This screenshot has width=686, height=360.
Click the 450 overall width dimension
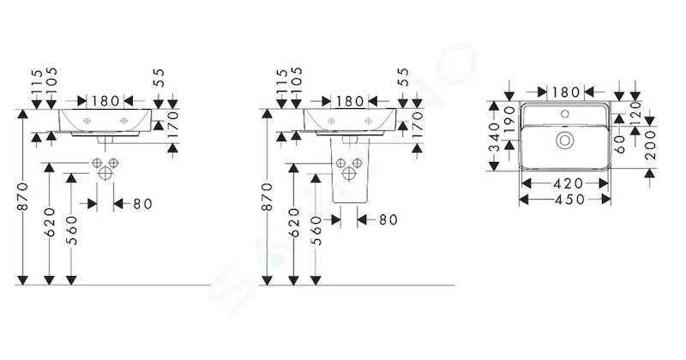point(569,200)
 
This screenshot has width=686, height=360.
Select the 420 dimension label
point(569,183)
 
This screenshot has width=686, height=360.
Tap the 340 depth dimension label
point(494,136)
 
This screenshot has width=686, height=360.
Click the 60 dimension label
point(619,144)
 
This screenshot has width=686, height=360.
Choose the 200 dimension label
point(651,145)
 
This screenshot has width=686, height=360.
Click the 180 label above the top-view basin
point(566,93)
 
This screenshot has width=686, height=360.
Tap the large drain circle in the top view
point(564,140)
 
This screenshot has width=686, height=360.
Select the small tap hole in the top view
point(565,115)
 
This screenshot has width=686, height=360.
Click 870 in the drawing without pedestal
point(23,196)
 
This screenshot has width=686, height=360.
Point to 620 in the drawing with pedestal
point(293,222)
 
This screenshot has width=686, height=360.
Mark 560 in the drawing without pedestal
point(71,230)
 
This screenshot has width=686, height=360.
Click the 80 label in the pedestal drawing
point(388,219)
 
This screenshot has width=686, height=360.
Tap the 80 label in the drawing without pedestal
point(142,204)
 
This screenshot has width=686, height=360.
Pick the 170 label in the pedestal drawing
point(418,124)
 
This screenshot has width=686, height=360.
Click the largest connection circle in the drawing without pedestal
point(105,173)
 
